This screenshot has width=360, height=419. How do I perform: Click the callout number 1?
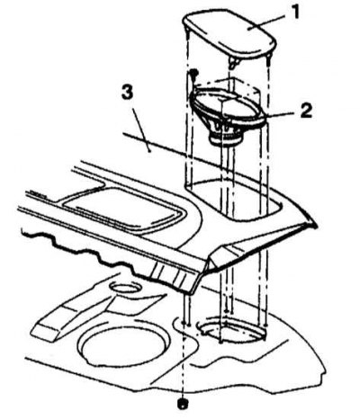295,13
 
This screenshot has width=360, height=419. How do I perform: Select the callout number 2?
306,111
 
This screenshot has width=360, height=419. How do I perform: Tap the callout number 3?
127,93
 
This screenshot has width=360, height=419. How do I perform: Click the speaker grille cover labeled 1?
229,34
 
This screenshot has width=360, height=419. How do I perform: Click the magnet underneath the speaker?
227,138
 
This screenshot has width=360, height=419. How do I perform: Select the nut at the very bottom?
182,404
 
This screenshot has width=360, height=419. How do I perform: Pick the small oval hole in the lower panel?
125,288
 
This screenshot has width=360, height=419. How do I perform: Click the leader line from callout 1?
267,22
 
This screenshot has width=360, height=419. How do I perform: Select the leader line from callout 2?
281,114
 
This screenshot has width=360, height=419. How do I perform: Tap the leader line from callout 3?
141,130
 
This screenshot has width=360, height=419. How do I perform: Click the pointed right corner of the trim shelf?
315,224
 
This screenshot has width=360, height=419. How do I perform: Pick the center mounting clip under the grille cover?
234,62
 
